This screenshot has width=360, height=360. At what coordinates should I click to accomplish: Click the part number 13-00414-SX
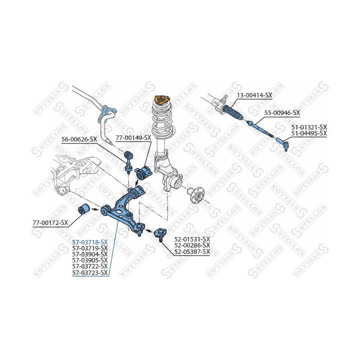[x=254, y=94]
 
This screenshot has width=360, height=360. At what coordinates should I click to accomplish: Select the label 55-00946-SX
[x=282, y=113]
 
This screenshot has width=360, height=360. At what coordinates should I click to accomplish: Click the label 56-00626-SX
[x=79, y=139]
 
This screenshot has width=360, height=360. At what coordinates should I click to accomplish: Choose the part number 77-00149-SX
[x=133, y=137]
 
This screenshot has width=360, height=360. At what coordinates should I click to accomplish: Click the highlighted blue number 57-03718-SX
[x=90, y=242]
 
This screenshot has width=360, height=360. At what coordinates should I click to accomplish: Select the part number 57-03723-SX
[x=90, y=272]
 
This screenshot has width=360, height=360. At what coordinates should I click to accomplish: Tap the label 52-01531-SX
[x=192, y=239]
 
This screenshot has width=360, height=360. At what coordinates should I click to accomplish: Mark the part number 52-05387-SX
[x=192, y=251]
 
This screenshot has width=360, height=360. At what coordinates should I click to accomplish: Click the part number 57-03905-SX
[x=90, y=260]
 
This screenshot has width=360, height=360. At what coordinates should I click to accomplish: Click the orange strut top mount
[x=161, y=99]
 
